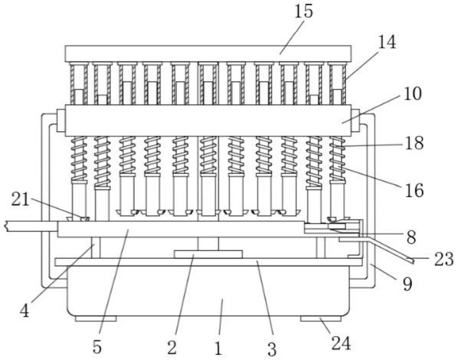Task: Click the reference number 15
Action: tap(303, 12)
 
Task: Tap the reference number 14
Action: tap(387, 42)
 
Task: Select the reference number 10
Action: tap(412, 94)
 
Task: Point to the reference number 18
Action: tap(414, 143)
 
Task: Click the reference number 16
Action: tap(414, 190)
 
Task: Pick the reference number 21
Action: tap(20, 200)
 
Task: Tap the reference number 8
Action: tap(411, 237)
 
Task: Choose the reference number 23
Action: tap(444, 259)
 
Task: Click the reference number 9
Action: tap(407, 284)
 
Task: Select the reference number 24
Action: tap(341, 344)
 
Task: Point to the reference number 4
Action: tap(25, 311)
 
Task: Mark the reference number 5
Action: tap(97, 347)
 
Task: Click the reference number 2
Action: tap(172, 348)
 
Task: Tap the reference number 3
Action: tap(272, 349)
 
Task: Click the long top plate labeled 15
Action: tap(208, 54)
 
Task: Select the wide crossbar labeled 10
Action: tap(208, 121)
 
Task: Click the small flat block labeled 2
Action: tap(208, 254)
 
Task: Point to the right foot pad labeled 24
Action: tap(321, 318)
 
